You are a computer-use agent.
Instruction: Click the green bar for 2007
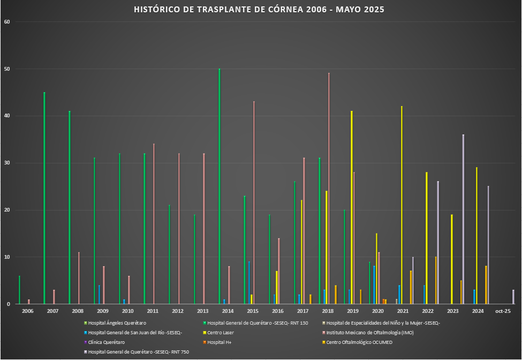click(x=44, y=198)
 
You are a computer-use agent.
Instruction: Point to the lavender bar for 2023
click(x=463, y=219)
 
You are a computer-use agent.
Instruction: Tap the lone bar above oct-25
click(x=513, y=297)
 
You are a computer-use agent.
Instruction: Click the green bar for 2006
click(x=19, y=290)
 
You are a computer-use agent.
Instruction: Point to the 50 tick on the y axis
click(x=7, y=69)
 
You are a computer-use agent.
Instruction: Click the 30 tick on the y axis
click(x=7, y=163)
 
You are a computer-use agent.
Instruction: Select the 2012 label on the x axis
click(x=178, y=311)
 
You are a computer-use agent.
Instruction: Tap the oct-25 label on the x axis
click(x=503, y=311)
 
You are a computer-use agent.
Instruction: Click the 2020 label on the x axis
click(x=378, y=311)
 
